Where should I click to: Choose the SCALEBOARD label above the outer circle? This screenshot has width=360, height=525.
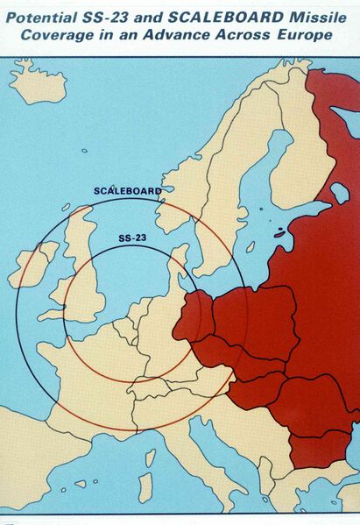pyautogui.click(x=126, y=190)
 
